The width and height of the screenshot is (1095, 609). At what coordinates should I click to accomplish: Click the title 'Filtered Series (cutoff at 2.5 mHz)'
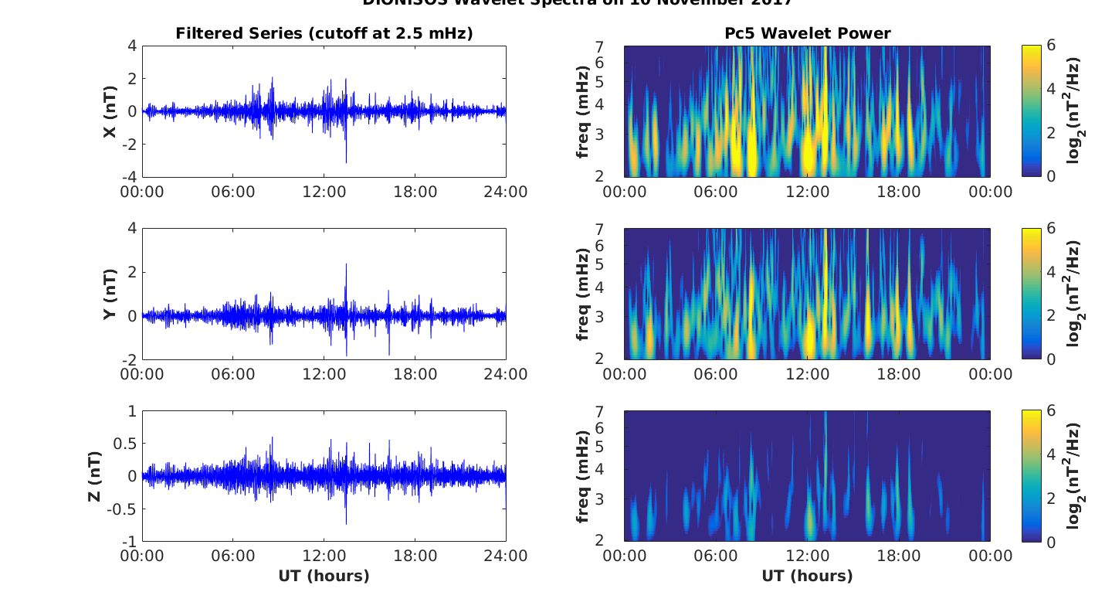324,33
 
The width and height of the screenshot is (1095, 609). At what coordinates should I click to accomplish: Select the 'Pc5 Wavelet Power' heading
807,33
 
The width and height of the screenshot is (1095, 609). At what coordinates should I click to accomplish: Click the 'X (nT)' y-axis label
110,111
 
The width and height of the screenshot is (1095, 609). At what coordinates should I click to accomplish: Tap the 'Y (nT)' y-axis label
110,294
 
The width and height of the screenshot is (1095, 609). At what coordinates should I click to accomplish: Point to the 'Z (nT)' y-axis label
95,476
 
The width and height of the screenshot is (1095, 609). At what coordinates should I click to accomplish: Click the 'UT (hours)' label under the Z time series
324,576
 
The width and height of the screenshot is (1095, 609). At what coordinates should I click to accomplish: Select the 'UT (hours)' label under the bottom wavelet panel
807,576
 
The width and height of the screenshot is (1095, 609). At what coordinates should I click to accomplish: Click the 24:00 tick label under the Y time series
506,375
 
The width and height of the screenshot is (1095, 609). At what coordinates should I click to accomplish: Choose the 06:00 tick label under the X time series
232,192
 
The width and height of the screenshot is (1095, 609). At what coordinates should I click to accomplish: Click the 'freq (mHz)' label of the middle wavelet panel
583,294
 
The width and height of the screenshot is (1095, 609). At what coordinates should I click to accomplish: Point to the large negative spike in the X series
346,161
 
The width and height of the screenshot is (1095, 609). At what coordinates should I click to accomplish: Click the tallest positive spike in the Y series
346,265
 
